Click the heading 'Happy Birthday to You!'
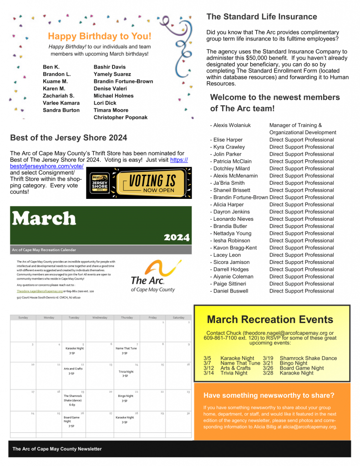(100, 36)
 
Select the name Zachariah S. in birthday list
(58, 96)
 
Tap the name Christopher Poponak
(120, 117)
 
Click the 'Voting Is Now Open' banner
(139, 183)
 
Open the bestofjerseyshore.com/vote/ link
(47, 167)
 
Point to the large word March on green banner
(44, 219)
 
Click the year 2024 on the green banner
(176, 237)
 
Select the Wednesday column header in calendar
(101, 317)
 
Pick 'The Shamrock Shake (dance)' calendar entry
(73, 398)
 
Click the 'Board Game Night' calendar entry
(72, 419)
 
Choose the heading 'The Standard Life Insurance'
(261, 17)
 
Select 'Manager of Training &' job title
(295, 125)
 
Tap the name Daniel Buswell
(231, 291)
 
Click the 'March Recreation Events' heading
(270, 319)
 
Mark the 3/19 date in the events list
(268, 358)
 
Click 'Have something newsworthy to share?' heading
(269, 395)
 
